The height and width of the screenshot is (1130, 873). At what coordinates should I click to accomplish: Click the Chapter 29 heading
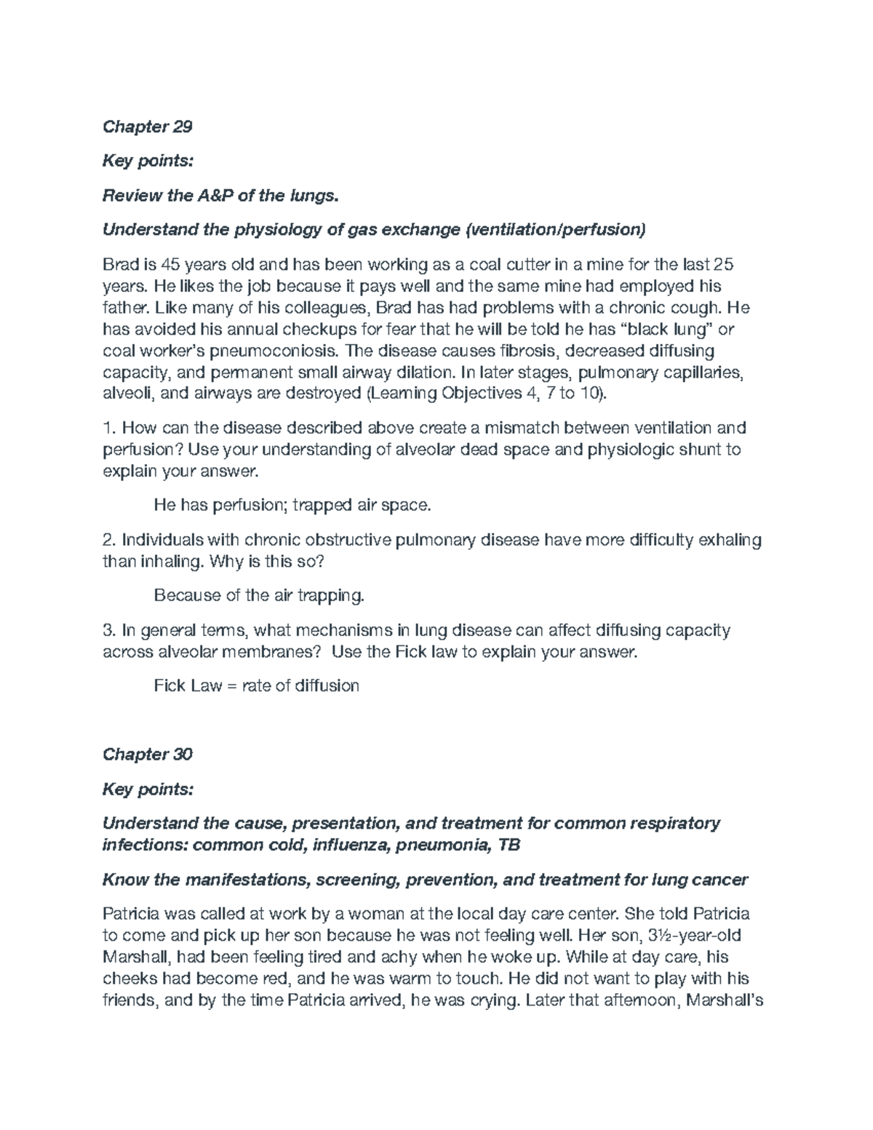148,127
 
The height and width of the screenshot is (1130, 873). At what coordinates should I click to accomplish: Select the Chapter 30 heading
148,754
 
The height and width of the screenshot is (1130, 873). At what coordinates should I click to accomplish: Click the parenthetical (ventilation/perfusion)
555,230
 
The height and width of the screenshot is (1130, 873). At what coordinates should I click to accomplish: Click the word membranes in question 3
274,652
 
